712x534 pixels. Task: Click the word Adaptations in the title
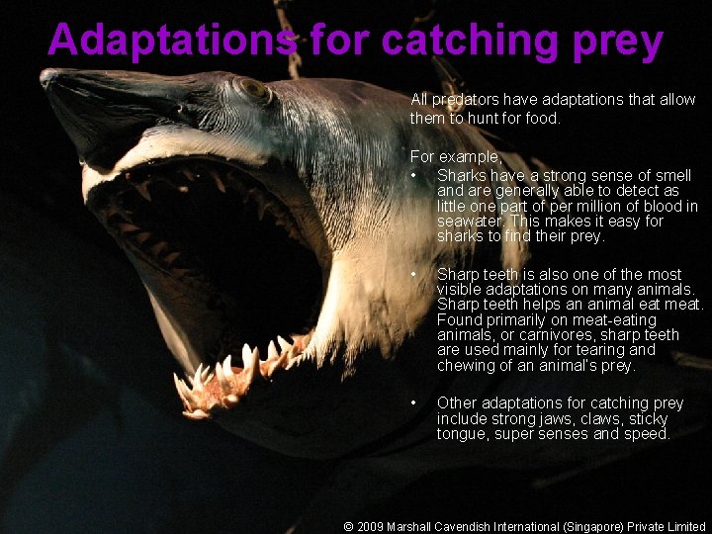pos(171,40)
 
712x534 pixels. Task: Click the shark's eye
pos(252,90)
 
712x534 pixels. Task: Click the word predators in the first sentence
pos(465,100)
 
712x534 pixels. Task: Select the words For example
pos(456,157)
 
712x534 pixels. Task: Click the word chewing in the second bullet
pos(468,366)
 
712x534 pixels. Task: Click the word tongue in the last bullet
pos(460,434)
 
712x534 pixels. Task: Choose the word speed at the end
pos(647,434)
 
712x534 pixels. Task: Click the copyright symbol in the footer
pos(348,527)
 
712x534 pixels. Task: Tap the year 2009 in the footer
pos(372,527)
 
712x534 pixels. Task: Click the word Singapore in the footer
pos(590,527)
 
